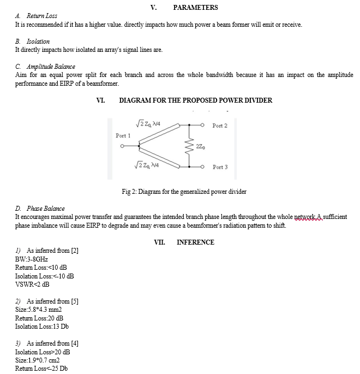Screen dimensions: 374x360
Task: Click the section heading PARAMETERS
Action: coord(195,7)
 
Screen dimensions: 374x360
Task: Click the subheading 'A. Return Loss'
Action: coord(36,16)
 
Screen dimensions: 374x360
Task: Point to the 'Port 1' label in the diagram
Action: coord(123,135)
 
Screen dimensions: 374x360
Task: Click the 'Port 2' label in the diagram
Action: coord(220,126)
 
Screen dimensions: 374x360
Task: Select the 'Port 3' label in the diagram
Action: coord(220,167)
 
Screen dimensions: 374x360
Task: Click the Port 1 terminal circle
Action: coord(123,146)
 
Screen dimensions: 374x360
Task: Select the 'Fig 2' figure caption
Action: coord(184,192)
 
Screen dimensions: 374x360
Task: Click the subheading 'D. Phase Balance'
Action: coord(40,208)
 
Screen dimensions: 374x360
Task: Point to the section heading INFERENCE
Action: coord(195,242)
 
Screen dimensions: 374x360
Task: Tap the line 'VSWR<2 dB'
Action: coord(32,284)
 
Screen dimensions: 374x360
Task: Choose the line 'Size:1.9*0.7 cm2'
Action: coord(37,360)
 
